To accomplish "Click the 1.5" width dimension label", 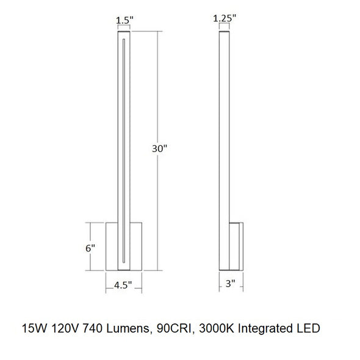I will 124,20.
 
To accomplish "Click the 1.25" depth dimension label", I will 225,18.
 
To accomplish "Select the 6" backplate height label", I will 90,248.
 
